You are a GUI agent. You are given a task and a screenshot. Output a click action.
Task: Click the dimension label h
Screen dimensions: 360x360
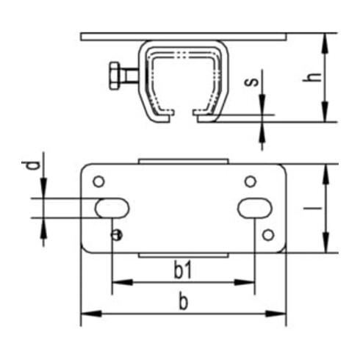tap(312, 77)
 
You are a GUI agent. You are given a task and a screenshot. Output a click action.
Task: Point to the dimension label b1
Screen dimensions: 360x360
tap(182, 270)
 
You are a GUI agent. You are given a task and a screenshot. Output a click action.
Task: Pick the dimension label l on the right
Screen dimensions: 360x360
tap(312, 209)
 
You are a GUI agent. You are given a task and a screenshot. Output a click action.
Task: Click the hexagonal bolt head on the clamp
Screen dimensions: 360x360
tap(115, 76)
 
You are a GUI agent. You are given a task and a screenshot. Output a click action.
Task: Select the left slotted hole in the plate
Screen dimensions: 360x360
tap(112, 208)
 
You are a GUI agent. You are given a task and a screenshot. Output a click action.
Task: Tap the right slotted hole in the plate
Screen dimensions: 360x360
tap(255, 208)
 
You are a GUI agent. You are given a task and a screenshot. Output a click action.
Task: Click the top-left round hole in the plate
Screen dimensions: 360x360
tap(98, 181)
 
